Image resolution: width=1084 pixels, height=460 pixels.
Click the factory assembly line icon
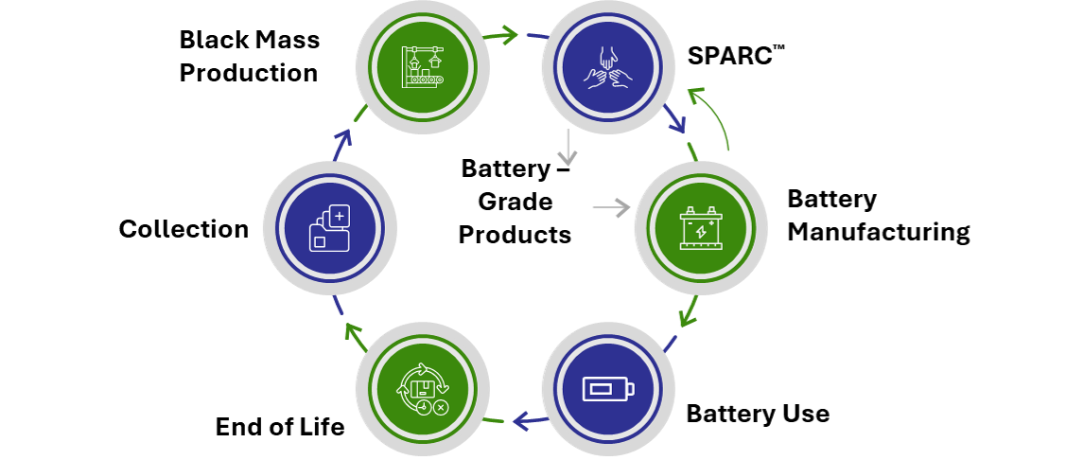tap(422, 67)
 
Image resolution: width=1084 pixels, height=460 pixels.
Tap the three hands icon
tap(607, 67)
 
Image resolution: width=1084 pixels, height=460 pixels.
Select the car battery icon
tap(700, 228)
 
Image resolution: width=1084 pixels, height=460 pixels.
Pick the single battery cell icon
tap(607, 389)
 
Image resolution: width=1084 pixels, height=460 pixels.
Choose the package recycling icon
tap(422, 389)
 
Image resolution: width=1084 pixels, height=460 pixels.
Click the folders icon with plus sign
tap(329, 228)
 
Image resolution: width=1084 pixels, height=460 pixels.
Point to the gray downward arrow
tap(567, 148)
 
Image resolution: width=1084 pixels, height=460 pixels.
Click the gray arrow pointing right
tap(611, 207)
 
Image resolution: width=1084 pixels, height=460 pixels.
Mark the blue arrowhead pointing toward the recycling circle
tap(522, 420)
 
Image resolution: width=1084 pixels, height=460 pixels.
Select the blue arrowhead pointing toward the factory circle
tap(342, 139)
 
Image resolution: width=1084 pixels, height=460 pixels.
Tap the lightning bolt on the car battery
tap(701, 232)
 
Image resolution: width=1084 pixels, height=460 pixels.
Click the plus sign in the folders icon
tap(340, 216)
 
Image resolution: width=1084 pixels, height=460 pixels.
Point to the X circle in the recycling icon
tap(441, 408)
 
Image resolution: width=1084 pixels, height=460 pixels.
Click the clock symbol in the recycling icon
tap(424, 407)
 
